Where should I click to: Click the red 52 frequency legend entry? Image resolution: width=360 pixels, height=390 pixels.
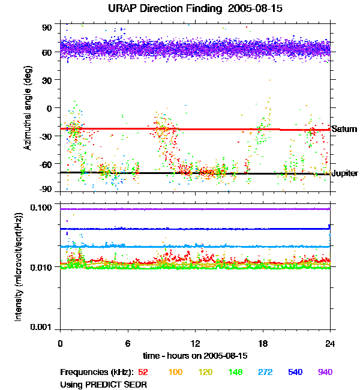[143, 373]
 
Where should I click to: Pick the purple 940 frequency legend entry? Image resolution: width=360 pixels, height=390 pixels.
[325, 373]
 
